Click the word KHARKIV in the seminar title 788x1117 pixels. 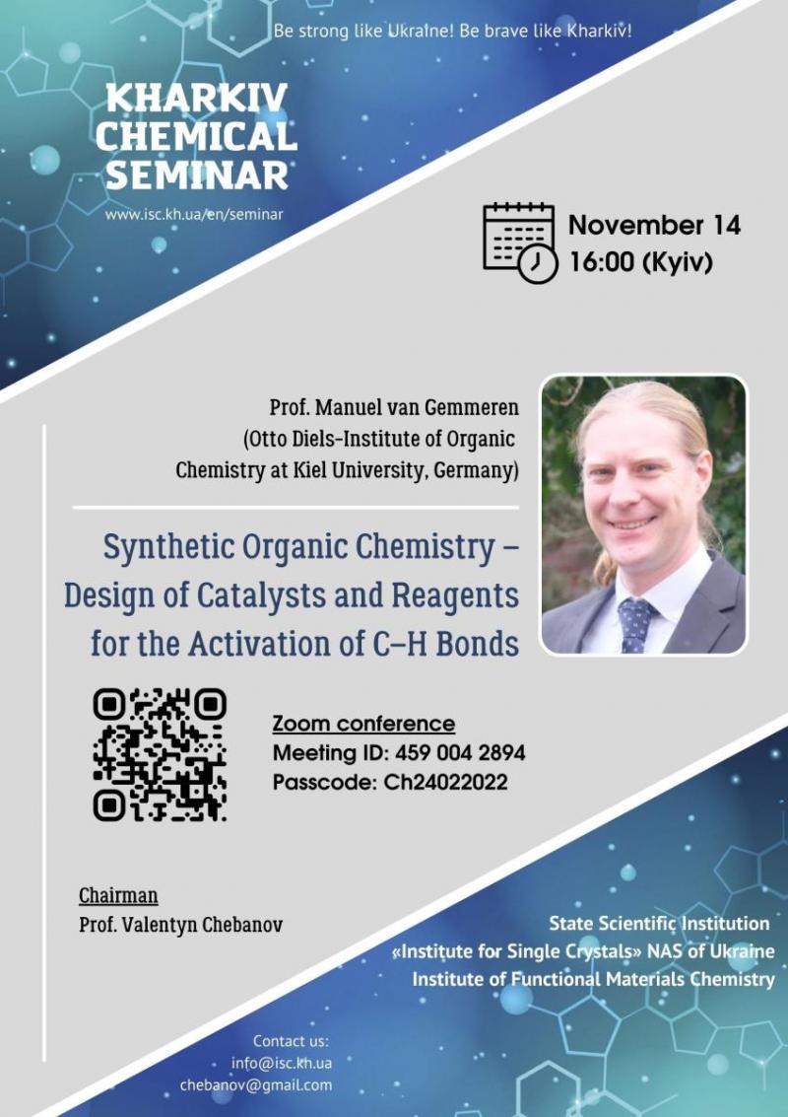196,99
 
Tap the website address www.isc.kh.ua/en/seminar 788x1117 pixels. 194,214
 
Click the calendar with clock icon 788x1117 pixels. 520,243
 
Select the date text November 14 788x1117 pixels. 654,225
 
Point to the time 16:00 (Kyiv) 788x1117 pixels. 640,262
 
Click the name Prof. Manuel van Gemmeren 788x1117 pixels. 394,408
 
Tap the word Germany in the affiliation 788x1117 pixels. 473,471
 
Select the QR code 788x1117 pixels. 160,754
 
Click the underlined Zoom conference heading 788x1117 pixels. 363,724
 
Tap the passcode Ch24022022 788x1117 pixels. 445,782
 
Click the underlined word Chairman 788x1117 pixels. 118,895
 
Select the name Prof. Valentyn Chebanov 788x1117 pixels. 181,925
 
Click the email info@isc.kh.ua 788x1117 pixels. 281,1063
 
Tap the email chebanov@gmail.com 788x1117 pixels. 255,1084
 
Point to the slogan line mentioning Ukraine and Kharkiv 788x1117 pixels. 452,32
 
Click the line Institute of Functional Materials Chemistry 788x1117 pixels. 594,979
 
